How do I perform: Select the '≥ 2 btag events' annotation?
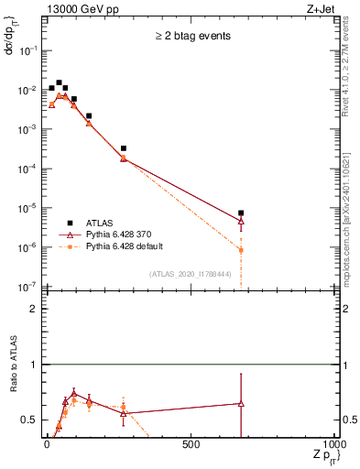[x=191, y=38]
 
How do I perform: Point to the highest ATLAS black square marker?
[x=59, y=82]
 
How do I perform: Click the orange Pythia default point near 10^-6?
[x=241, y=250]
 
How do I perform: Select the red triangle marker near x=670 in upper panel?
[x=241, y=221]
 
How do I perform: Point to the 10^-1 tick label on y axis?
[x=29, y=51]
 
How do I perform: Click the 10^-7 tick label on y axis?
[x=29, y=287]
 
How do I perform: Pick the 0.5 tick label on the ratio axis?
[x=30, y=420]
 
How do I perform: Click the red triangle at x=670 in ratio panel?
[x=241, y=403]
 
